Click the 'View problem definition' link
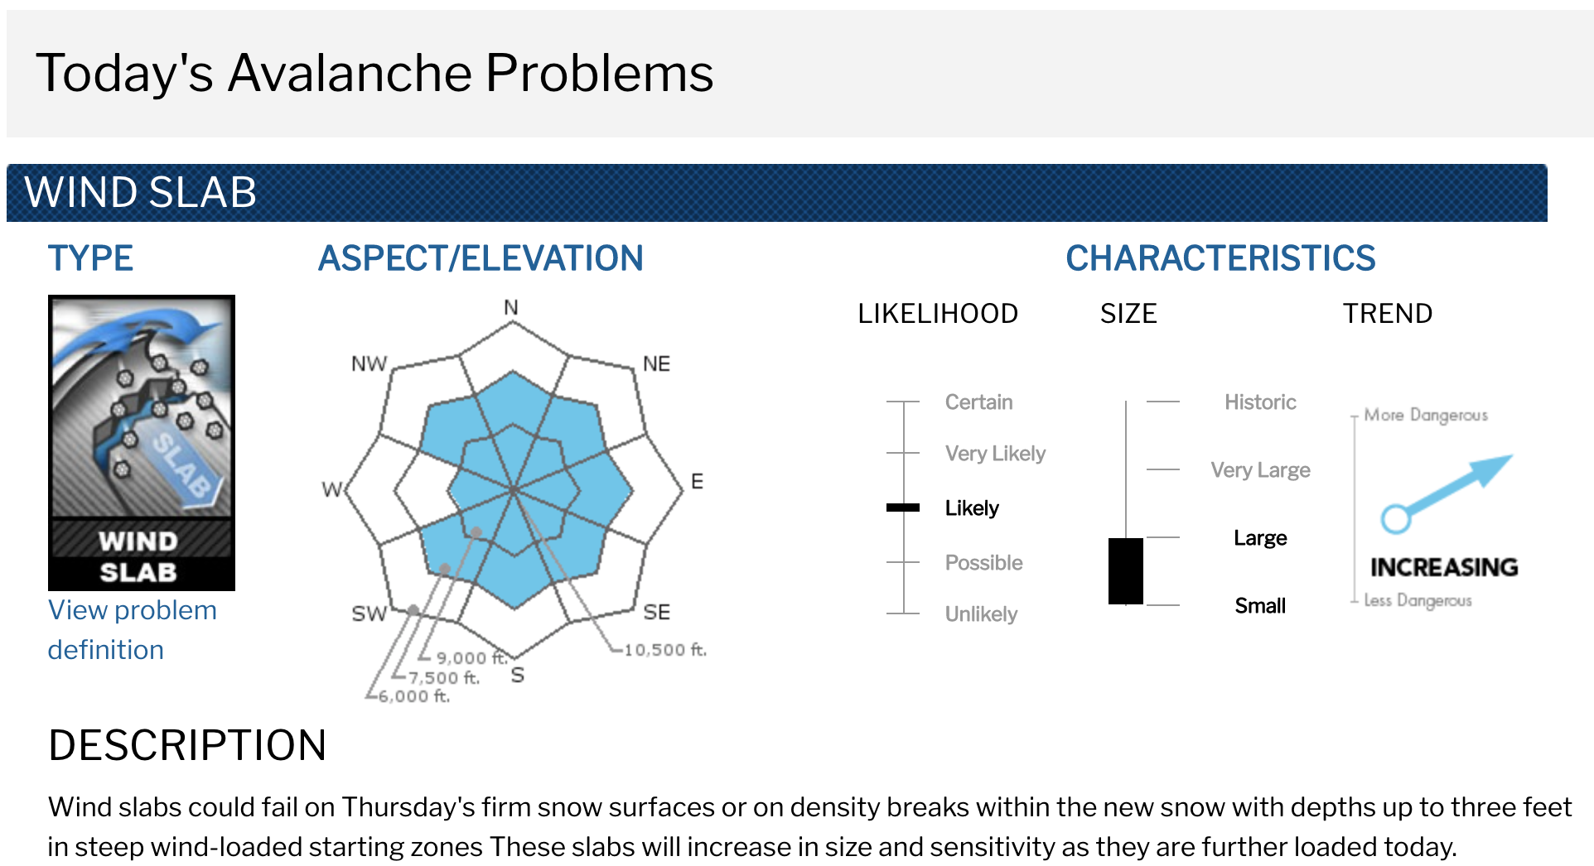pos(132,629)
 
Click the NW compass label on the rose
pos(369,364)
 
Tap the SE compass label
pos(657,613)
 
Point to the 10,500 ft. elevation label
pos(665,650)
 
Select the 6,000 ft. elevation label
pos(414,696)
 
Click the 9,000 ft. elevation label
pos(471,658)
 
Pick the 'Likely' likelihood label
pos(972,508)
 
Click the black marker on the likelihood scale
pos(903,508)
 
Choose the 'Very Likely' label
pos(995,454)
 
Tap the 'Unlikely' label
pos(981,614)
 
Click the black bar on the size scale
pos(1126,571)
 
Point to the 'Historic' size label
pos(1260,402)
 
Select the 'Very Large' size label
pos(1260,470)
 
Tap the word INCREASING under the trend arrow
pos(1444,567)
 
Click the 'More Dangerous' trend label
pos(1426,415)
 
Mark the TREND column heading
pos(1388,314)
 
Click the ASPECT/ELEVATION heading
pos(481,258)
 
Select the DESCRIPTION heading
pos(187,745)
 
